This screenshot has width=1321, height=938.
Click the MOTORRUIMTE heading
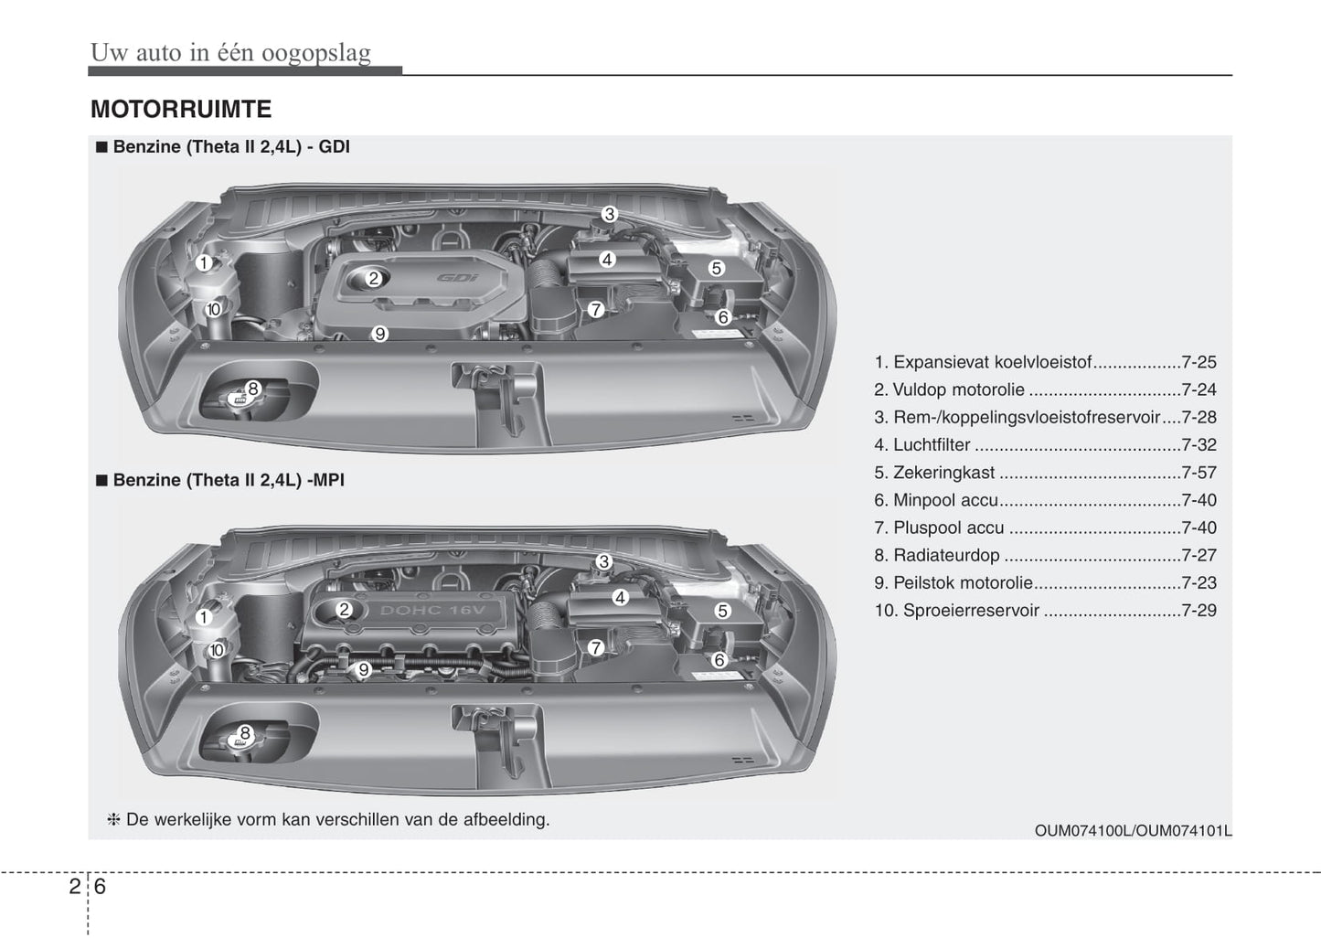pos(180,110)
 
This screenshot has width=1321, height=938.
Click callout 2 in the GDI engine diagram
pos(373,279)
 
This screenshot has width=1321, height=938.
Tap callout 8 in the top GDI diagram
pos(253,389)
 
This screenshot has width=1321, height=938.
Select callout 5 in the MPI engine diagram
pos(722,611)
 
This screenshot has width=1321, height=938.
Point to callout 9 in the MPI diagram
pos(363,669)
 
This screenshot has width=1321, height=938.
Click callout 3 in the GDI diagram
pos(609,215)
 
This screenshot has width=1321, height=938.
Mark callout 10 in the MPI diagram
pos(217,651)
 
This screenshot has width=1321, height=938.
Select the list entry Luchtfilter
pos(932,445)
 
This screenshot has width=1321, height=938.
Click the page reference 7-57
pos(1198,473)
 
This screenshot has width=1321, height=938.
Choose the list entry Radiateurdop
pos(946,555)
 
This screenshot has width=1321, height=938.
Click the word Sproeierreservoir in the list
pos(971,611)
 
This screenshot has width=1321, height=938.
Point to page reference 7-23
pos(1198,582)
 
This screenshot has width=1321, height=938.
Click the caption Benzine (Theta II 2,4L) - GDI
pos(230,147)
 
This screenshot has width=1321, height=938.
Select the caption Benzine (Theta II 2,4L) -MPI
pos(229,480)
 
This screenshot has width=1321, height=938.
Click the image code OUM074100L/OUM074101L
pos(1133,830)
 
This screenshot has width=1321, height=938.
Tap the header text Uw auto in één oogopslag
pos(230,53)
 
